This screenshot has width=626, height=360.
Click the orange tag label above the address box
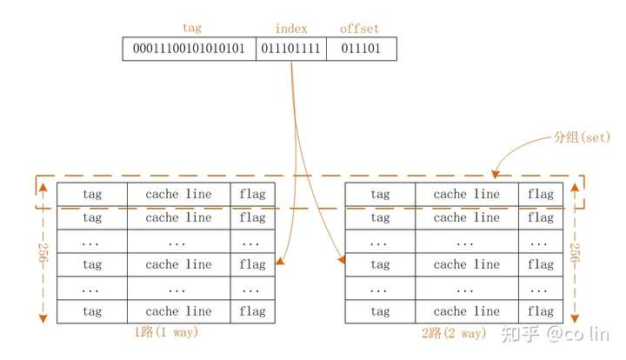pos(192,29)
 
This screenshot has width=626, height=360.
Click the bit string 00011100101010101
pos(190,50)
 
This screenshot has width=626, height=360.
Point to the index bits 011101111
pos(292,50)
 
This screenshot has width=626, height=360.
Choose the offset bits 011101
pos(361,50)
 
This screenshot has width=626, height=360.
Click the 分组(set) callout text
pos(582,137)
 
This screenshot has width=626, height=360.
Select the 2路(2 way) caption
pos(453,332)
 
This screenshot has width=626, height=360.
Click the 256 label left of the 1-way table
pos(40,254)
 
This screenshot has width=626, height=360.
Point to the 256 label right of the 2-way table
pos(575,254)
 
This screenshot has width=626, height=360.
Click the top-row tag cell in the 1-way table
pos(92,194)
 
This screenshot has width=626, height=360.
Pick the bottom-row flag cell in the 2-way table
pos(540,311)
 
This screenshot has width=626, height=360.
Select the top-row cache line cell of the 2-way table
pos(467,194)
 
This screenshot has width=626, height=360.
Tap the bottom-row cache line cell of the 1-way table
pos(178,311)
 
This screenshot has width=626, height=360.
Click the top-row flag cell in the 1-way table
pos(252,194)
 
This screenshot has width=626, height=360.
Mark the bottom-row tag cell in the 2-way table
pos(380,311)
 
